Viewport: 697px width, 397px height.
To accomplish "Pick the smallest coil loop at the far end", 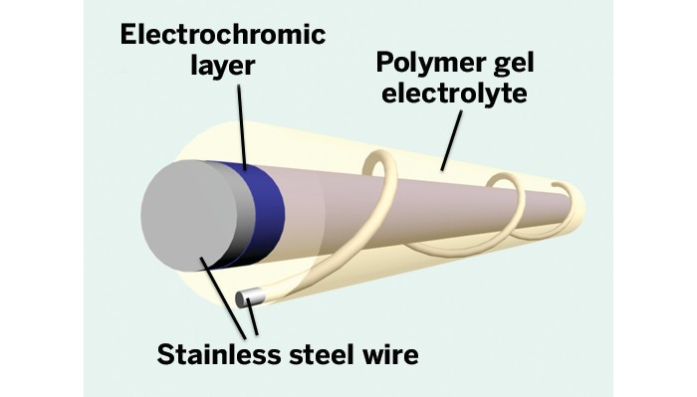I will click(x=566, y=194).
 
